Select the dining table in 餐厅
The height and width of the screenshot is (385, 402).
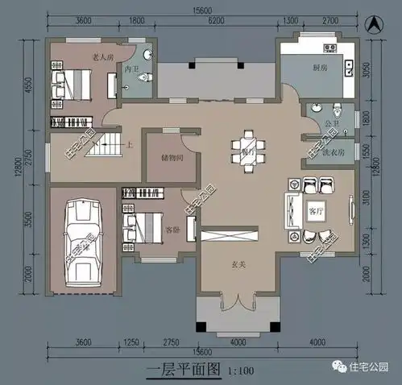click(x=242, y=151)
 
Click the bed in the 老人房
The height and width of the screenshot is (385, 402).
click(x=71, y=82)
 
